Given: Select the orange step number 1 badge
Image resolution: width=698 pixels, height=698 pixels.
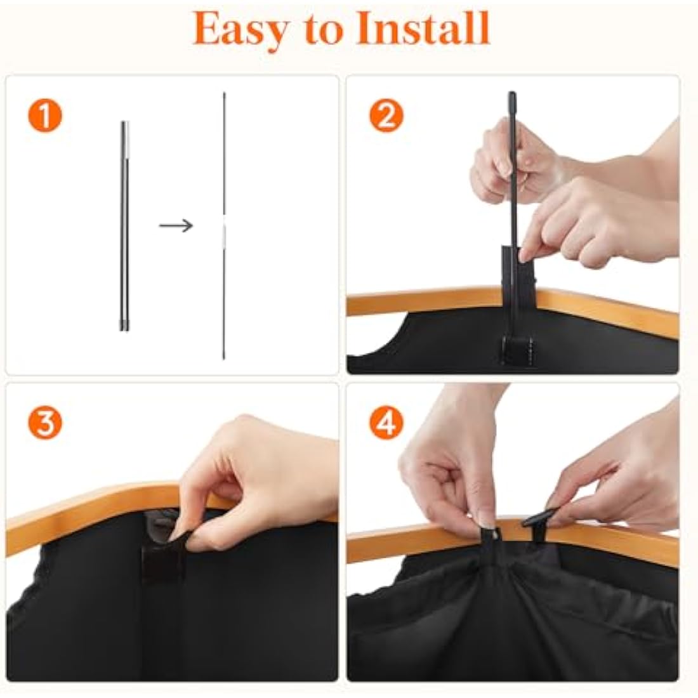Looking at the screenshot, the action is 45,115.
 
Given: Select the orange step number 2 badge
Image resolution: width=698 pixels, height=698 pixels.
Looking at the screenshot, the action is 386,115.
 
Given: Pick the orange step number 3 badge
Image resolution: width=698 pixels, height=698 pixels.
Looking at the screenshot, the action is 45,422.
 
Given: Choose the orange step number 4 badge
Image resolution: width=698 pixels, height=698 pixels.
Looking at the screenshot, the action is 386,422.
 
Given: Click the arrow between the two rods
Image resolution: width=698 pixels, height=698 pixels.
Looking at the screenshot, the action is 176,226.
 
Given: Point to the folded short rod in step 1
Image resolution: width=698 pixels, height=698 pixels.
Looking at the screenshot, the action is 124,226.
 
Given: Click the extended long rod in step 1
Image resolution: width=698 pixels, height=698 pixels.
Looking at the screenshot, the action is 224,226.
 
